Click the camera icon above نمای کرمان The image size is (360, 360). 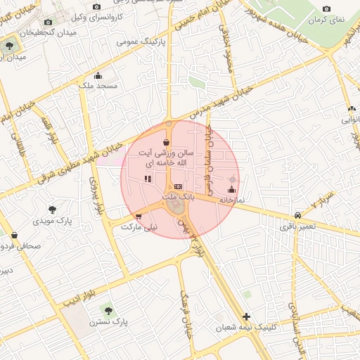click(x=326, y=9)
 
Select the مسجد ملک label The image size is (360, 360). click(x=99, y=86)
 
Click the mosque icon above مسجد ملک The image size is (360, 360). click(x=98, y=76)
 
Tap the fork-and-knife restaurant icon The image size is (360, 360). click(x=148, y=179)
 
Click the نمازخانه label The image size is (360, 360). click(x=232, y=200)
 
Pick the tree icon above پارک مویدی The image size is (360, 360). click(x=52, y=209)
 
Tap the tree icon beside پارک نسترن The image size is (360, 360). click(x=107, y=309)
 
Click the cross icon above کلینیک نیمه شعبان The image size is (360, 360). click(x=245, y=316)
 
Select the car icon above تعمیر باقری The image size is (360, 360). click(x=298, y=215)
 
